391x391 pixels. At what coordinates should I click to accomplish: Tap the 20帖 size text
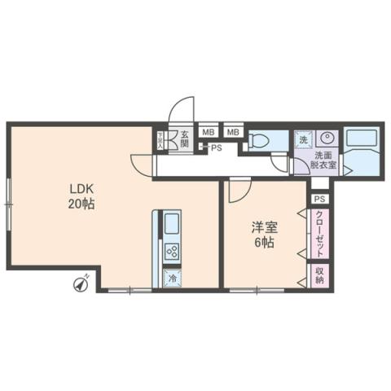coord(81,204)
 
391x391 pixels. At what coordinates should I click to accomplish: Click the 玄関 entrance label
coord(185,138)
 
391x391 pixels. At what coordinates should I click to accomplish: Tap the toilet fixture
coord(259,140)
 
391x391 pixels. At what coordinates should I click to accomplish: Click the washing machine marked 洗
coord(302,138)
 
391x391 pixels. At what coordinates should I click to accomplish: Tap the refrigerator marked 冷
coord(173,277)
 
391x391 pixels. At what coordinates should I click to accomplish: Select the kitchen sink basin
coord(173,224)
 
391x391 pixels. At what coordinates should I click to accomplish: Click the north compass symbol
coord(81,283)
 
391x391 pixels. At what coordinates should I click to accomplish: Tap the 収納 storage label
coord(320,275)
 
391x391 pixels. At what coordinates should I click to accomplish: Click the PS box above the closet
coord(319,199)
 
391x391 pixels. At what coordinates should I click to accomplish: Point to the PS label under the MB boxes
coord(216,148)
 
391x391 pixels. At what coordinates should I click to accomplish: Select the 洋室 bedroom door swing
coord(238,191)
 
